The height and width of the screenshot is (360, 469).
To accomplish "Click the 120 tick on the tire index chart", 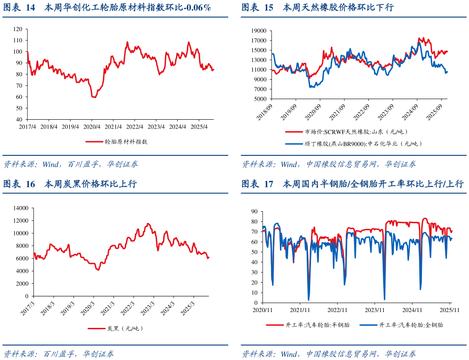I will (x=18, y=29).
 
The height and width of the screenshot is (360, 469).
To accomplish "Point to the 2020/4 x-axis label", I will (x=92, y=126).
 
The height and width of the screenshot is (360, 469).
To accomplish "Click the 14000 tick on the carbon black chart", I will (x=20, y=208).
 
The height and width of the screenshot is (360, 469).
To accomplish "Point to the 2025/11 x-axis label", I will (x=450, y=310).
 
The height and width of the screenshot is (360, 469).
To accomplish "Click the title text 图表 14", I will (x=19, y=7).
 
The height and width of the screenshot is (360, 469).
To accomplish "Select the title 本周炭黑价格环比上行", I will (x=91, y=184).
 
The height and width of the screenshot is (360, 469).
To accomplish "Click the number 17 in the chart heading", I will (x=269, y=184).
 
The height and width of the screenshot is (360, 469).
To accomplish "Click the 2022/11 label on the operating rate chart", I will (x=338, y=310).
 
